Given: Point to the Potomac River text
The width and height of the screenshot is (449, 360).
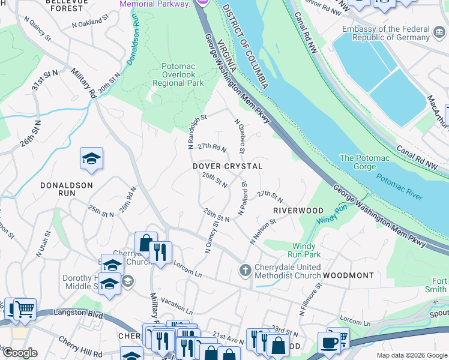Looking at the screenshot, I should pos(399,187).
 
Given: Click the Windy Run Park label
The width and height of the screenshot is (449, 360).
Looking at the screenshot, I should pos(307,250).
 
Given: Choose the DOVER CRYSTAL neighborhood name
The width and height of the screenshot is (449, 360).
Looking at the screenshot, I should pos(228,166).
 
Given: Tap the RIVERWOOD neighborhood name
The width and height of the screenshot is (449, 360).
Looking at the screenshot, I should pos(298,211).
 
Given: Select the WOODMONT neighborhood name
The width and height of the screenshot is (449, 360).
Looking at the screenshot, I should pos(348,275).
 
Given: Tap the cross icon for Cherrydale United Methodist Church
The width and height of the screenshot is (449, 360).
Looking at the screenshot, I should pos(245,270).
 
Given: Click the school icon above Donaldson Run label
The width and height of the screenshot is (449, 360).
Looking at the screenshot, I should pos(92,159).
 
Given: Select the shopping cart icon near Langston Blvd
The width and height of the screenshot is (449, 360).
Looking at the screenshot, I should pos(24,309).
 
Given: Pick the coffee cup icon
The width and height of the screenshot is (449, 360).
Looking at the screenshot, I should pos(330,342).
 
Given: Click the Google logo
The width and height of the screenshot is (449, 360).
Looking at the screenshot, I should pos(20,353).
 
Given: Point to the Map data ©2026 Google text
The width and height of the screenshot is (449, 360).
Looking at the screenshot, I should pos(412,355).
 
